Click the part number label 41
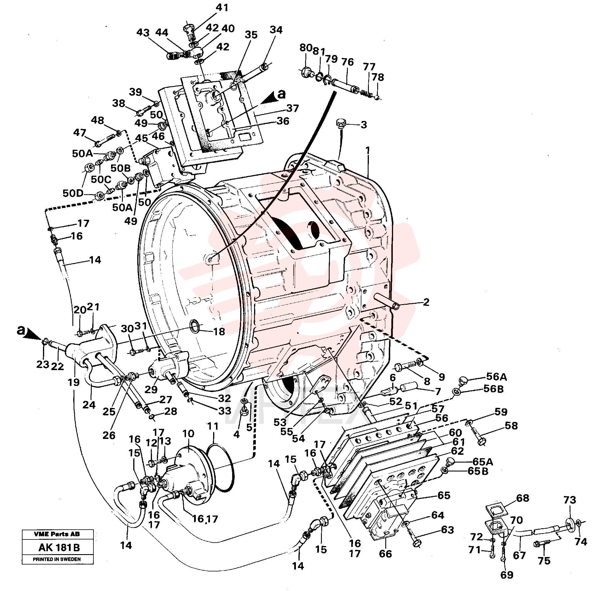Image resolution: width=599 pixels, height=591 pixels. (222, 7)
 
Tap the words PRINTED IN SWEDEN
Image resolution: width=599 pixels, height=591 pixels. (57, 559)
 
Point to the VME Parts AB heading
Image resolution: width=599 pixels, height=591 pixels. (57, 534)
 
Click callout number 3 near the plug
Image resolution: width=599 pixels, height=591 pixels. (364, 125)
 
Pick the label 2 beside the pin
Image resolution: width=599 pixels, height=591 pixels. (426, 302)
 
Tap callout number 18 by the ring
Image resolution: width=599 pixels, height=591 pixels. (219, 332)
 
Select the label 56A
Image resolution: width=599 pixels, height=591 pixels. (496, 377)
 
